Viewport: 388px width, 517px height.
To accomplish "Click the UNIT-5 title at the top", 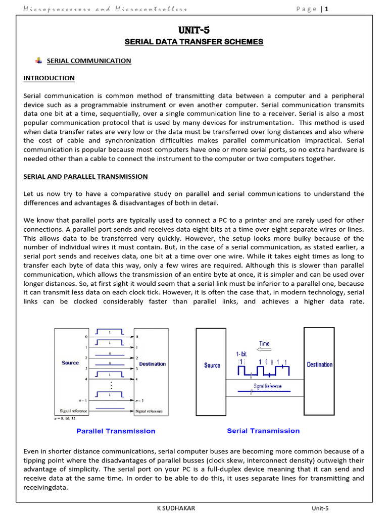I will pyautogui.click(x=194, y=30).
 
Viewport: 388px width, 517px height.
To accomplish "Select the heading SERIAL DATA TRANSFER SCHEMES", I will pyautogui.click(x=194, y=41).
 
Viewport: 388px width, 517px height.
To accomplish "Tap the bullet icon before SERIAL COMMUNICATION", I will pyautogui.click(x=39, y=61).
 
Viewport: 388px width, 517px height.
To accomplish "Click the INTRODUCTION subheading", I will pyautogui.click(x=49, y=78).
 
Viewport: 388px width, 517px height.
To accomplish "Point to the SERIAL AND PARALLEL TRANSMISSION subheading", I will pyautogui.click(x=86, y=177).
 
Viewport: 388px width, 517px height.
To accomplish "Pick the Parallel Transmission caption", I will pyautogui.click(x=116, y=431).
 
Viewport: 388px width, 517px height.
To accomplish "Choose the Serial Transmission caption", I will pyautogui.click(x=263, y=431).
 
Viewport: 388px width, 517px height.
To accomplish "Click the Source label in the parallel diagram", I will pyautogui.click(x=70, y=363).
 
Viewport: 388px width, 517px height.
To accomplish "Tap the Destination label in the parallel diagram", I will pyautogui.click(x=152, y=364).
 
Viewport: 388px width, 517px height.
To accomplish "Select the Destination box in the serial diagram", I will pyautogui.click(x=319, y=365).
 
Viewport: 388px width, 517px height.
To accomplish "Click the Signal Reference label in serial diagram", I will pyautogui.click(x=267, y=386).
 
